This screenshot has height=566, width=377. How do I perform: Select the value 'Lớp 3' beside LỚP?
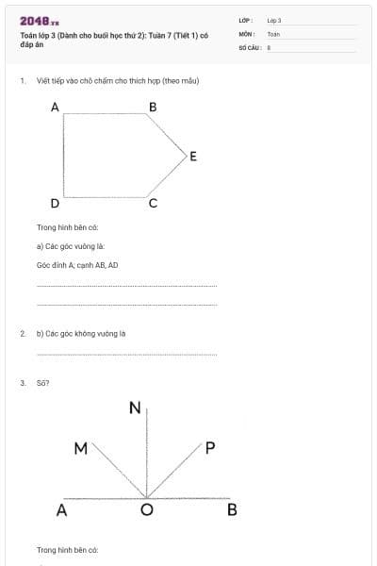click(274, 20)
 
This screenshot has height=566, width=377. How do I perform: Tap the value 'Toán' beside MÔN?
click(273, 33)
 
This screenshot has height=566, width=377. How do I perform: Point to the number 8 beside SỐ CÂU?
click(270, 46)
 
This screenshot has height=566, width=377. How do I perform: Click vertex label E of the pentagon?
click(193, 157)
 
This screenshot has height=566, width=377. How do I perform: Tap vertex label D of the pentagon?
click(55, 203)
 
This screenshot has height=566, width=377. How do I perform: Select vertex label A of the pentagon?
click(55, 108)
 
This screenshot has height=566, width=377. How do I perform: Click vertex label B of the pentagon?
click(153, 108)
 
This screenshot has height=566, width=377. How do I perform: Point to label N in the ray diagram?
click(135, 408)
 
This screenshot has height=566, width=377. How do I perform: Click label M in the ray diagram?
click(81, 449)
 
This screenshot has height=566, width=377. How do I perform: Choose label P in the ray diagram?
click(210, 449)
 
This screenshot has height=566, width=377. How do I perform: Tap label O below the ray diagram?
click(146, 511)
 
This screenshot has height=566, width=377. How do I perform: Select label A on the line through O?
click(61, 511)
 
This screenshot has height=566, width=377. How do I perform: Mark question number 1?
click(22, 81)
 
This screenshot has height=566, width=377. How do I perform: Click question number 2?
click(22, 333)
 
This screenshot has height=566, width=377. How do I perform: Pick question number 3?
click(22, 383)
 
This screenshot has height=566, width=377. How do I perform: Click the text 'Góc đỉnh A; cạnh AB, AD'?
click(77, 265)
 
